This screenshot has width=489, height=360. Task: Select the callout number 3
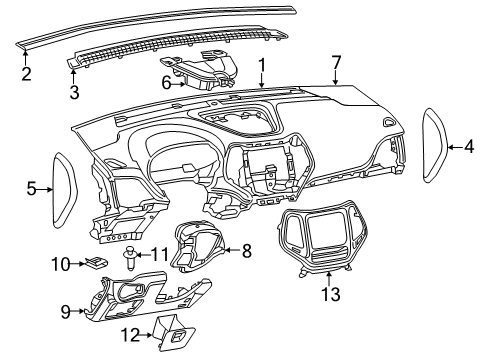(73, 93)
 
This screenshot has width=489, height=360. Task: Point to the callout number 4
(468, 147)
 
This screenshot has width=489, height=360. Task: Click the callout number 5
(32, 187)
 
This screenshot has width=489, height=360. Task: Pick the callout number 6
(166, 83)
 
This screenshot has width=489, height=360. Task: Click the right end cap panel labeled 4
(436, 145)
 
